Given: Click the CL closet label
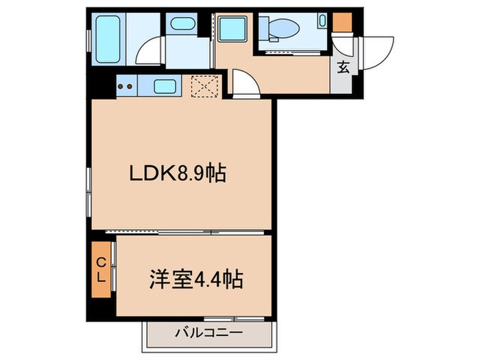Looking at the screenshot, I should tap(100, 270).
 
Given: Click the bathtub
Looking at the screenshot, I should tap(108, 38).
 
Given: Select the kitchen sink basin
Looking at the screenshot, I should tap(165, 86).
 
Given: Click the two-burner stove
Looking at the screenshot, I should tap(127, 86).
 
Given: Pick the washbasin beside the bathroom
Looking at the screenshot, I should tap(183, 25).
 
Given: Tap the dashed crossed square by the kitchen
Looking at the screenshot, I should tap(204, 86).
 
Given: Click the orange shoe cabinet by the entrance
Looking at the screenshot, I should tap(341, 22).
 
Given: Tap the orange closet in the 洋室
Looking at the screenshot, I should tap(100, 270).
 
